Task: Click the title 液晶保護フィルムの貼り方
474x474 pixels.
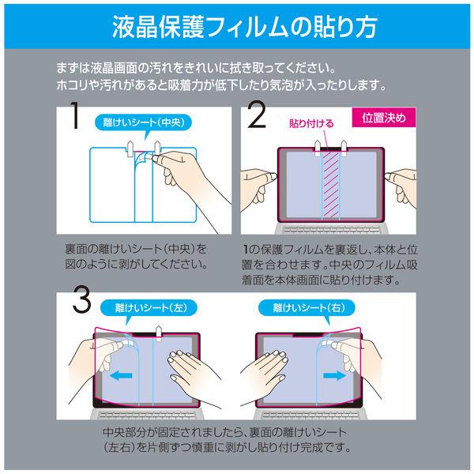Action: tap(245, 27)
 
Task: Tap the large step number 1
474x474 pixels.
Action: tap(75, 115)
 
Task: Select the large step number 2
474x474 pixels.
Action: tap(257, 115)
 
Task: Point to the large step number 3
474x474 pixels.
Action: tap(82, 300)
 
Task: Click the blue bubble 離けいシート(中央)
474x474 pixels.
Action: tap(144, 122)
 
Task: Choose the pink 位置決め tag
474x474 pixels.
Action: tap(384, 118)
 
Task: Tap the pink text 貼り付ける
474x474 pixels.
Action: tap(311, 123)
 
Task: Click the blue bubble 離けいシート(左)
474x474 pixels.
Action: tap(149, 308)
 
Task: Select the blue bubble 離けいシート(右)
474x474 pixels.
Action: tap(307, 308)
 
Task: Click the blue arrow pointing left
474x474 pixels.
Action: tap(120, 376)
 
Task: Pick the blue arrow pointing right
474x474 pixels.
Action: tap(334, 376)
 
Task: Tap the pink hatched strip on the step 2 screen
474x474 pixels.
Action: tap(331, 184)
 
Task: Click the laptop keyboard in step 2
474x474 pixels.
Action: tap(331, 229)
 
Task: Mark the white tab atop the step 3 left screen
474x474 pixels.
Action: tap(158, 333)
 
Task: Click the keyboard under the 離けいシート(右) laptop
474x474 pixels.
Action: tap(310, 414)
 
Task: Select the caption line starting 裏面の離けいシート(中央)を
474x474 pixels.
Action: tap(136, 249)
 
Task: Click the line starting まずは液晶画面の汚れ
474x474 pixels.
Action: tap(196, 68)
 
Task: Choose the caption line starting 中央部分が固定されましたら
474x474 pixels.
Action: tap(225, 432)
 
